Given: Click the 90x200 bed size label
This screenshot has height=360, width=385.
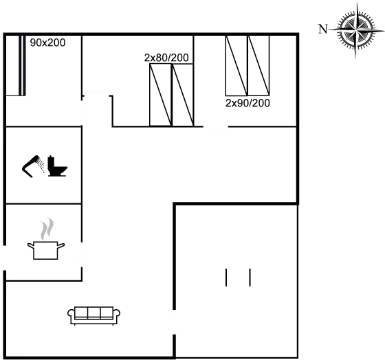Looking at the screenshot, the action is (x=47, y=43).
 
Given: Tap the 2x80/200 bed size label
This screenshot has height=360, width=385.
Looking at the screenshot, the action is (x=166, y=58).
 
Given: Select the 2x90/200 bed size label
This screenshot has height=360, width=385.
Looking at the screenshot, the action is (x=247, y=103).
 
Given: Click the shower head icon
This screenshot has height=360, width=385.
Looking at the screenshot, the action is (x=33, y=166).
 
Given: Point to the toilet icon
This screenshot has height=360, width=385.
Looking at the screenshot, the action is (x=58, y=166).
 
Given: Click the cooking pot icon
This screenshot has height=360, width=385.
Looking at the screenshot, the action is (x=46, y=250).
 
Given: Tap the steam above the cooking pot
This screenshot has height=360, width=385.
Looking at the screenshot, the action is (x=47, y=229).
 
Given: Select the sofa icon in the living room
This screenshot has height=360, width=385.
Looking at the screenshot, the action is (x=93, y=316).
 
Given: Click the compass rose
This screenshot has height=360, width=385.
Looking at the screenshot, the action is (x=357, y=30).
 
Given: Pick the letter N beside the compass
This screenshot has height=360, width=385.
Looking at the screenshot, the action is (x=323, y=30).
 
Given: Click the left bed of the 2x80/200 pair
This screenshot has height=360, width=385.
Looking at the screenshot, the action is (x=161, y=95).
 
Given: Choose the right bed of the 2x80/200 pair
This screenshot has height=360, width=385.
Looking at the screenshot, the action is (x=183, y=95).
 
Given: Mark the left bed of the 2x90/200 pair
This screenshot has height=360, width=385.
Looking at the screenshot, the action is (x=236, y=65).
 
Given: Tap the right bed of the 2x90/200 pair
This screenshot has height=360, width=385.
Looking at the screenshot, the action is (x=258, y=65).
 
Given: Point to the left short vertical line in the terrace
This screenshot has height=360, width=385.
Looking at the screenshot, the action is (x=226, y=278).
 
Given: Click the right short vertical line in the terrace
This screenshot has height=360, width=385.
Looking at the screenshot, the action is (x=250, y=278).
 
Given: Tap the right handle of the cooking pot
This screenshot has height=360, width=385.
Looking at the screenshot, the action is (x=61, y=245).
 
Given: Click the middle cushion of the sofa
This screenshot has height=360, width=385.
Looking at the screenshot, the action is (x=93, y=312).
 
